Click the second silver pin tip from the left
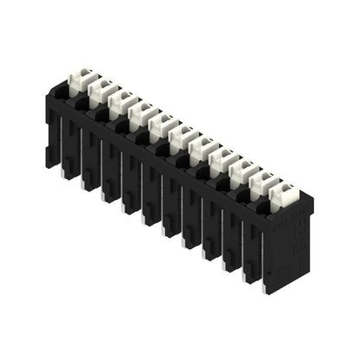[x=86, y=184]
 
